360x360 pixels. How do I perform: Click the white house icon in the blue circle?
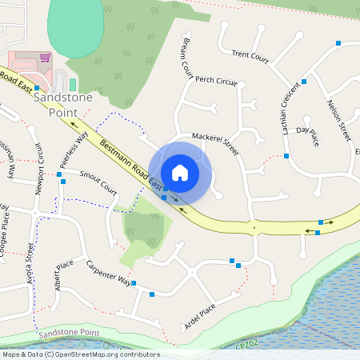pyautogui.click(x=180, y=172)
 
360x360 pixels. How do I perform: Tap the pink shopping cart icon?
pyautogui.click(x=46, y=58)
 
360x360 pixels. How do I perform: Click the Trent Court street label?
pyautogui.click(x=250, y=55)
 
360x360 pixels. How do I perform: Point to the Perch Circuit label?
pyautogui.click(x=217, y=81)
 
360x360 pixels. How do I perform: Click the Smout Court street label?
pyautogui.click(x=98, y=182)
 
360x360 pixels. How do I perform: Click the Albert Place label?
pyautogui.click(x=63, y=275)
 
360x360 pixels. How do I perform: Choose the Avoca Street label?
pyautogui.click(x=31, y=266)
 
